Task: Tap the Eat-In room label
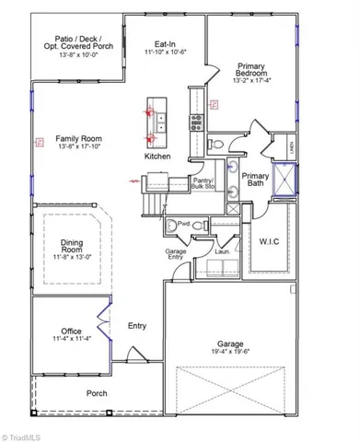click(x=167, y=42)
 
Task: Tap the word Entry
click(x=137, y=325)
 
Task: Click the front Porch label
click(x=97, y=393)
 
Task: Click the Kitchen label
click(x=157, y=157)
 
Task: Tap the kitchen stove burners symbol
click(x=196, y=118)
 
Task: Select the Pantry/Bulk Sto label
click(x=203, y=183)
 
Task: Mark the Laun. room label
click(x=221, y=250)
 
